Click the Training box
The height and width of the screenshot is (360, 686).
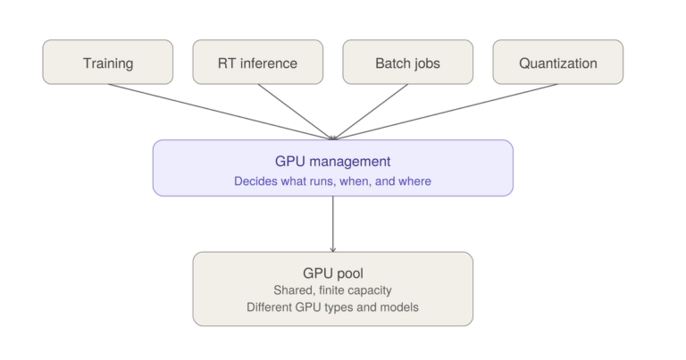107,63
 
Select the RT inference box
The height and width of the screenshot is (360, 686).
257,63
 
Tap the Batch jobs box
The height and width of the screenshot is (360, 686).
407,63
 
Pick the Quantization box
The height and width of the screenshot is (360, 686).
557,63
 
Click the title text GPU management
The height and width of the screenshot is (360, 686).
332,162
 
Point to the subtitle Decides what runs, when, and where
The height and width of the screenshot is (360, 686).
332,181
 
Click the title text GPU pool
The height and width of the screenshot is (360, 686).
333,273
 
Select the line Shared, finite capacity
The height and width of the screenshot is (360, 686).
332,290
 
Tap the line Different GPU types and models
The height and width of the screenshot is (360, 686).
332,307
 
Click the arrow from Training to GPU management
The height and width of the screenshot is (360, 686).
220,112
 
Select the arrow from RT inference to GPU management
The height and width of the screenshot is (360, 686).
296,112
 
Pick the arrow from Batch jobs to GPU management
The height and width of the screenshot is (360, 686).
371,112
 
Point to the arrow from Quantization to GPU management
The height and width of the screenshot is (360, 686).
446,112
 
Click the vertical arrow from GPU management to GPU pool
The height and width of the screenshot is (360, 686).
333,224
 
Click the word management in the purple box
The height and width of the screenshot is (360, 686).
350,162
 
